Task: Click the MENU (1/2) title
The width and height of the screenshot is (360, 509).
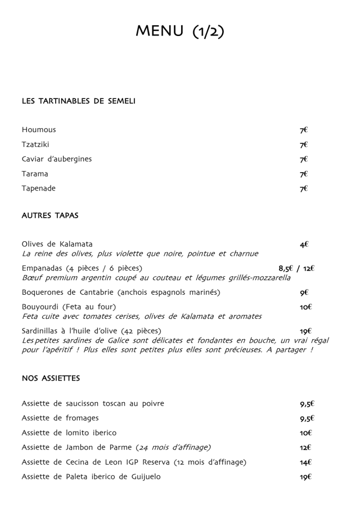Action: (x=179, y=31)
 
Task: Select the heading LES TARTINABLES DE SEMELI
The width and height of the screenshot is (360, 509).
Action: (x=78, y=101)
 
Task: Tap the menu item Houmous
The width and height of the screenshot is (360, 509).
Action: (x=39, y=130)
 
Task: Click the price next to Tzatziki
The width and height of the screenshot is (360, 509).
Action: (x=304, y=145)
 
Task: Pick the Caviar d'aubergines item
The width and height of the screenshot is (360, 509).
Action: (x=57, y=159)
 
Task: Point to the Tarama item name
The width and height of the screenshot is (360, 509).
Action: (x=35, y=174)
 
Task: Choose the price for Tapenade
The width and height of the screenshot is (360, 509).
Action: (x=304, y=188)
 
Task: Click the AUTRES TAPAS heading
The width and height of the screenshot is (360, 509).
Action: (x=50, y=215)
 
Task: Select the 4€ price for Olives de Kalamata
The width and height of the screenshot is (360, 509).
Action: (x=304, y=245)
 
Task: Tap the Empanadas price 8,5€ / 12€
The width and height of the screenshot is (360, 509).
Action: (x=296, y=268)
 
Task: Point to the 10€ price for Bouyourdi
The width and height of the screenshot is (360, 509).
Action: (x=305, y=307)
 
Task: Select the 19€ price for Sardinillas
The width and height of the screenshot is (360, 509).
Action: (x=305, y=331)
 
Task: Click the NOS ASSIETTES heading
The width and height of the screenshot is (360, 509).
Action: (x=51, y=379)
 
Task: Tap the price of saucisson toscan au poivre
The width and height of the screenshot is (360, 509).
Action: (x=307, y=404)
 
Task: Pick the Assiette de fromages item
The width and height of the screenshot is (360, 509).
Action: (x=60, y=418)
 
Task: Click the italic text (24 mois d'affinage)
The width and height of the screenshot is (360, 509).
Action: (x=173, y=448)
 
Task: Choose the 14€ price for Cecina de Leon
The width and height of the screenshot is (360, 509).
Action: (x=305, y=462)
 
